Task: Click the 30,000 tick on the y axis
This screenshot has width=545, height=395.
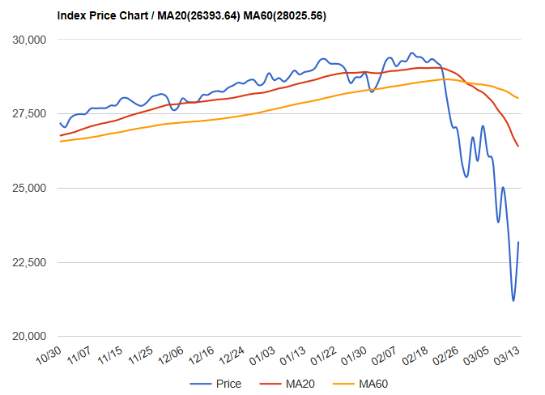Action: tap(32, 40)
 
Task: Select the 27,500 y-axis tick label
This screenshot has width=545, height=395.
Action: tap(32, 114)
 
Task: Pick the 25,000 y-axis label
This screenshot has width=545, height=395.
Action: tap(32, 189)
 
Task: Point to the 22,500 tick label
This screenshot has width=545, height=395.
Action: tap(32, 263)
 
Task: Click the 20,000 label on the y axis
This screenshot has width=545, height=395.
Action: tap(32, 337)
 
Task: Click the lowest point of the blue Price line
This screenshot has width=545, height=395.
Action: tap(513, 301)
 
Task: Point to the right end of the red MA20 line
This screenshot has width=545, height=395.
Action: tap(518, 147)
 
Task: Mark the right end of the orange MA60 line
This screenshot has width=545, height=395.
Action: tap(518, 98)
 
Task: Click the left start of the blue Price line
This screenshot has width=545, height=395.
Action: tap(61, 123)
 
